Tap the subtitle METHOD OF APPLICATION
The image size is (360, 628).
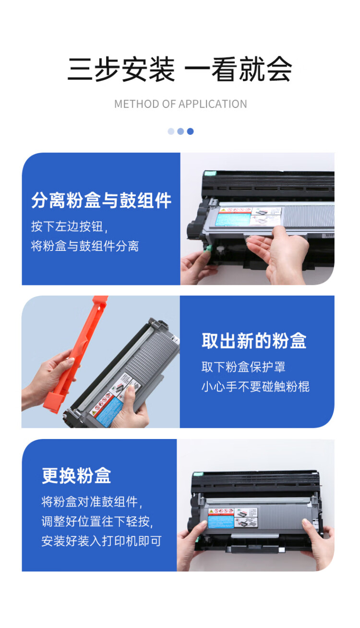click(x=180, y=104)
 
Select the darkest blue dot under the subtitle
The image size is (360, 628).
click(x=191, y=131)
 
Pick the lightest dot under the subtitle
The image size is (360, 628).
click(x=171, y=131)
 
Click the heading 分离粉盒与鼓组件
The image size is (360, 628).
click(x=101, y=201)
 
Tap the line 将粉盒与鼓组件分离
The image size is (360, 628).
click(x=85, y=247)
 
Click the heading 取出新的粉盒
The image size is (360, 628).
click(x=254, y=341)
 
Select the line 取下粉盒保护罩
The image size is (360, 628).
click(x=243, y=367)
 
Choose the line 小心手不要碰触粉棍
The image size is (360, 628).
click(x=255, y=387)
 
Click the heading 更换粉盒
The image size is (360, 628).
click(x=76, y=476)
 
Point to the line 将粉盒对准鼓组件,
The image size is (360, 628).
click(x=92, y=502)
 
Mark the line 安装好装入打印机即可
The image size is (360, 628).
click(x=101, y=541)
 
